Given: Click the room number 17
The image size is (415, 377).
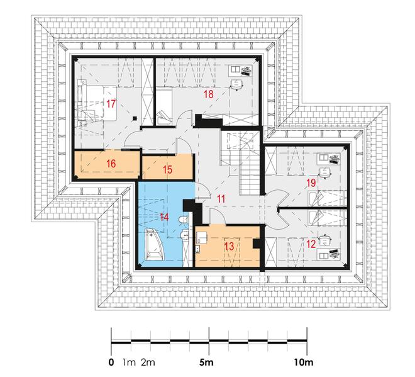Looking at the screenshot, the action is tap(111, 104).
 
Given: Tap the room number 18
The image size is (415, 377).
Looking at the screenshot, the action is tap(209, 94).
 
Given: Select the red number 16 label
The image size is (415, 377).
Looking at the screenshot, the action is tap(111, 164).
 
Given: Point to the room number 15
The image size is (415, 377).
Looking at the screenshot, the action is tap(167, 169).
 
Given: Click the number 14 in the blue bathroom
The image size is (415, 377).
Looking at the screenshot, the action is tap(164, 217).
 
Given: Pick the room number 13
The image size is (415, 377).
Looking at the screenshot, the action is tap(230, 246).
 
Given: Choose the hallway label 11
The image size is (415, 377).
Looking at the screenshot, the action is tap(221, 199).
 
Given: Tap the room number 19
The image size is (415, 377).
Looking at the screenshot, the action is tap(311, 183).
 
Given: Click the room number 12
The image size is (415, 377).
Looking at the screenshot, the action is tap(311, 244).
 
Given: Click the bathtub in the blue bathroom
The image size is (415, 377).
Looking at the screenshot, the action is tap(155, 244).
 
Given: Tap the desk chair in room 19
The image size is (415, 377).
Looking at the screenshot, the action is tap(324, 172).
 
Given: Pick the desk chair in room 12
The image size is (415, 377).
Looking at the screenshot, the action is tap(325, 240).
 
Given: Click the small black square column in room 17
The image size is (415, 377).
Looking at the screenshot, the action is tap(135, 118).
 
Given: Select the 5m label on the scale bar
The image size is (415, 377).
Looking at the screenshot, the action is tap(206, 362).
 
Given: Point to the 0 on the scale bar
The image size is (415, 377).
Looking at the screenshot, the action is tap(111, 362).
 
